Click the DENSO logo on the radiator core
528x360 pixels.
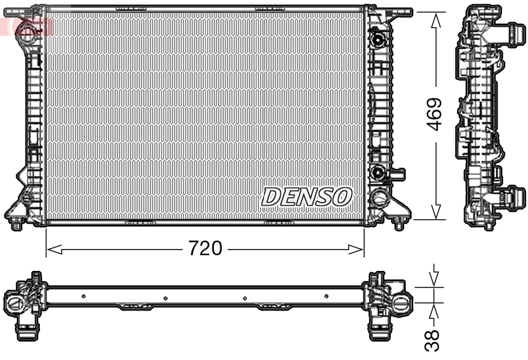tap(307, 197)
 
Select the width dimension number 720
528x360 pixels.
tap(205, 248)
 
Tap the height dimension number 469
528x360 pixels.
tap(434, 115)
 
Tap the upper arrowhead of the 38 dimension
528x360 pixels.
tap(434, 279)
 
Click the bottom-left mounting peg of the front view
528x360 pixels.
tap(17, 225)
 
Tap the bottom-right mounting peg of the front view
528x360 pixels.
tap(399, 224)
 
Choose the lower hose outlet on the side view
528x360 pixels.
tap(513, 197)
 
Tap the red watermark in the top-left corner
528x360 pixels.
tap(25, 25)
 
